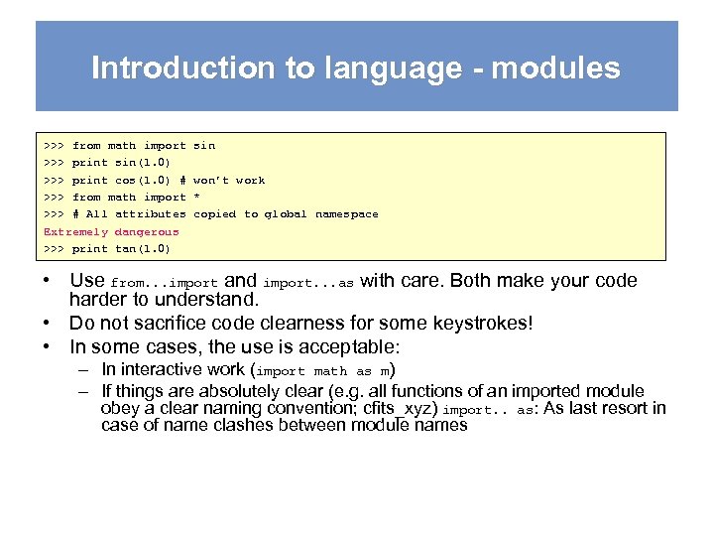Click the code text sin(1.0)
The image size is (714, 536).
coord(143,163)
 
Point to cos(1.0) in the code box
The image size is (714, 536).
coord(143,180)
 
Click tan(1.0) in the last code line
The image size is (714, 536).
coord(143,248)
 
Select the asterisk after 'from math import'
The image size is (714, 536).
coord(196,197)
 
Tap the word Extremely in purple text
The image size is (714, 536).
coord(75,231)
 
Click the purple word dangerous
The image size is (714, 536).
coord(147,231)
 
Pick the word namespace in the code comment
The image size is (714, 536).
coord(346,214)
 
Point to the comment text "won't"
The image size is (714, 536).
coord(210,180)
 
